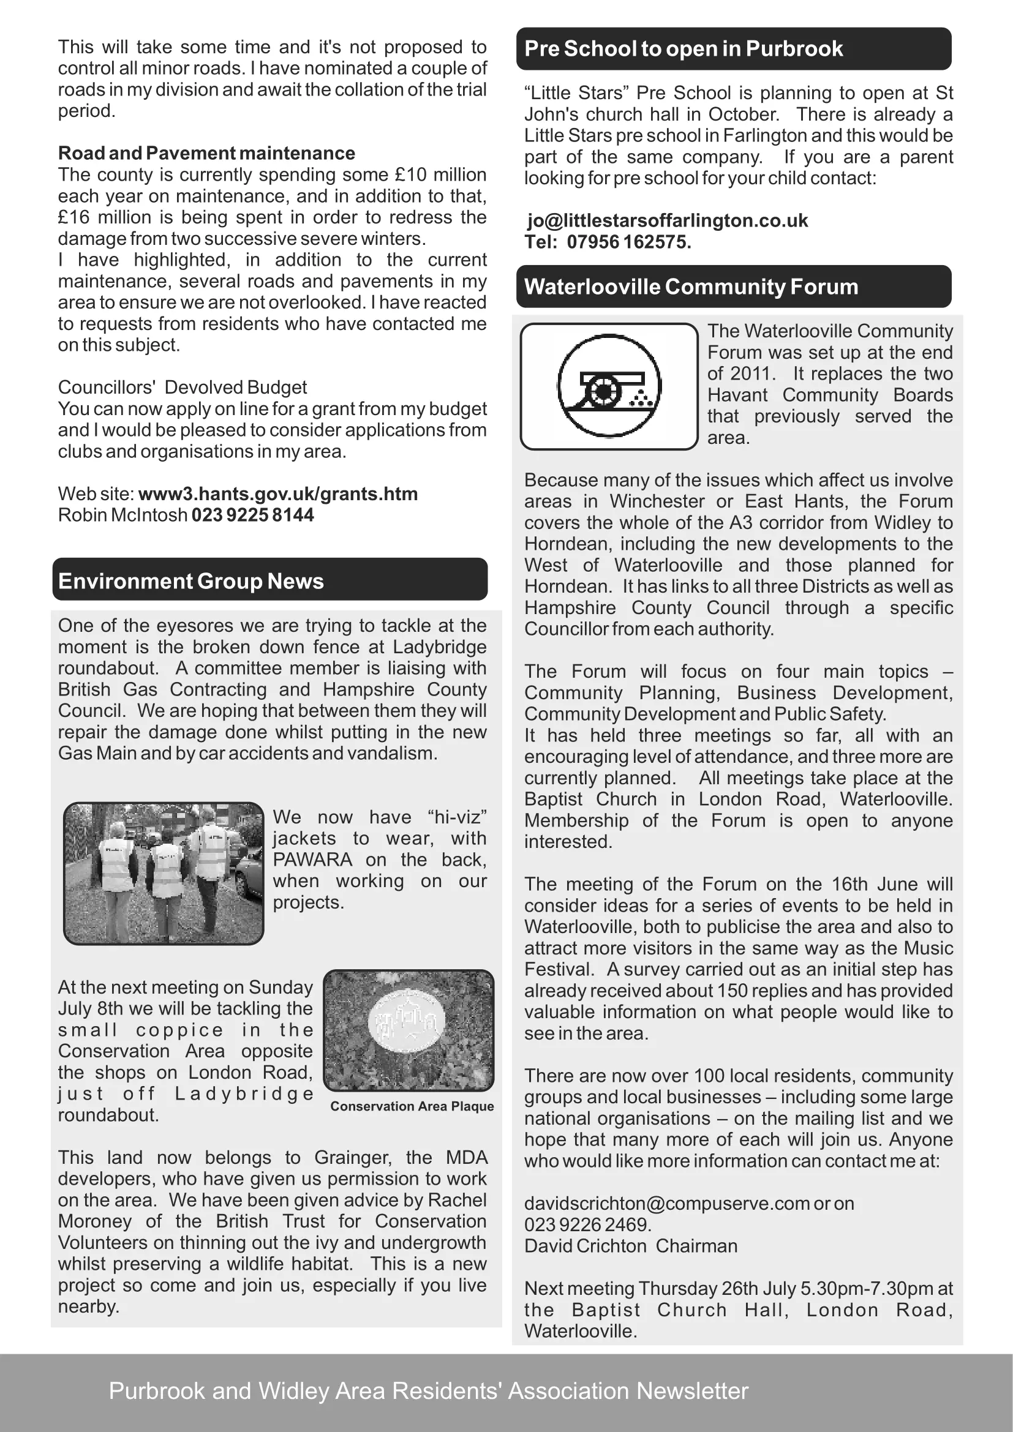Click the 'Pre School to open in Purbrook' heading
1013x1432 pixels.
tap(683, 48)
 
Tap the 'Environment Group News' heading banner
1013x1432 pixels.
tap(191, 580)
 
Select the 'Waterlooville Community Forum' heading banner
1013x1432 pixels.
tap(691, 287)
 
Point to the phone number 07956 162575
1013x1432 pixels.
tap(628, 242)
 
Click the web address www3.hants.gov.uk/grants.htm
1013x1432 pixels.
tap(277, 494)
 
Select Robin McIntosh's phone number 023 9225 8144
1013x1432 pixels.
tap(252, 515)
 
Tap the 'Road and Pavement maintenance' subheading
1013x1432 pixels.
tap(206, 153)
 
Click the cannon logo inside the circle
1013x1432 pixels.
tap(609, 388)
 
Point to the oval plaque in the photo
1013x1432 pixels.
tap(407, 1022)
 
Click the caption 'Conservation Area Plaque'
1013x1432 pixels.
tap(412, 1106)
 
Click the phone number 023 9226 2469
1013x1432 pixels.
tap(587, 1224)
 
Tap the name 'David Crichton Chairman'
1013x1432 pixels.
tap(631, 1245)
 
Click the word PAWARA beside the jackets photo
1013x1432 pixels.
tap(312, 860)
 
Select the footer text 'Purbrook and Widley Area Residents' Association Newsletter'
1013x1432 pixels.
tap(429, 1391)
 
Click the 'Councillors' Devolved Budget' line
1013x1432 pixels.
tap(182, 388)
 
